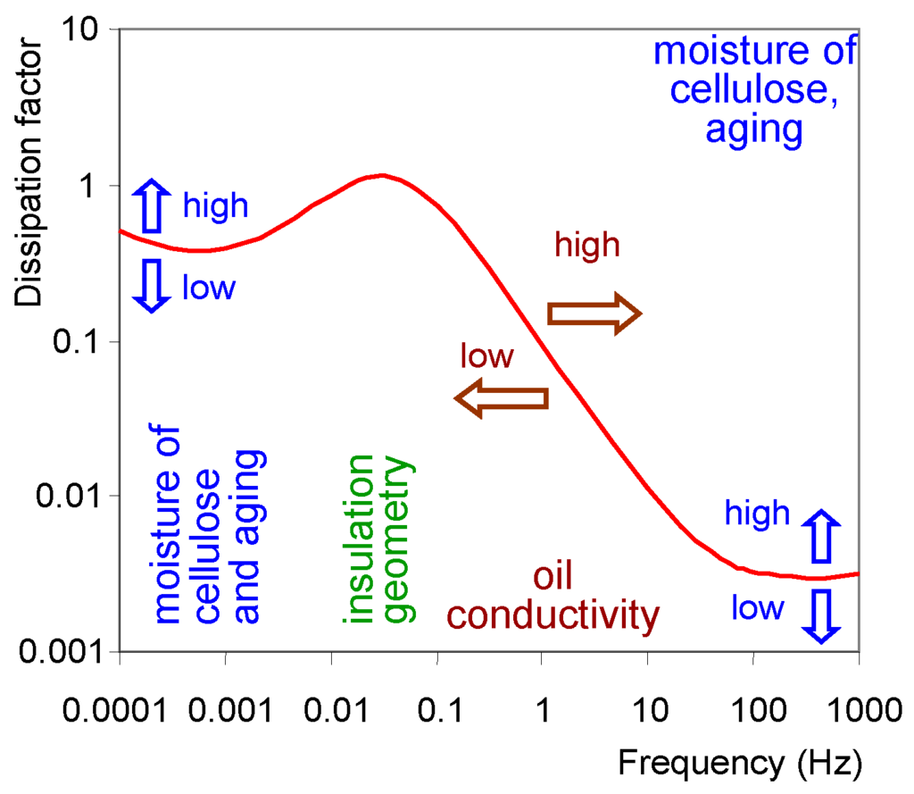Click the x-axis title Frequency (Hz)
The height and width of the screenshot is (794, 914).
click(x=740, y=763)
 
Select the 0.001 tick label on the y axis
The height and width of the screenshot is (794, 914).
click(x=60, y=652)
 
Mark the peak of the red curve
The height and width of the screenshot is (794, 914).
click(x=382, y=175)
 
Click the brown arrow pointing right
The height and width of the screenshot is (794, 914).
click(x=594, y=313)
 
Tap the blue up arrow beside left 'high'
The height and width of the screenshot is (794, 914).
click(x=151, y=205)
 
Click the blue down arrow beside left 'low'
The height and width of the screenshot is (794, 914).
click(x=151, y=286)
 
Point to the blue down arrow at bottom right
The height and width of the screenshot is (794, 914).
click(x=822, y=616)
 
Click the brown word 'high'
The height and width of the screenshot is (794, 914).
click(x=586, y=244)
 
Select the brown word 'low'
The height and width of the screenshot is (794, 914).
click(x=486, y=357)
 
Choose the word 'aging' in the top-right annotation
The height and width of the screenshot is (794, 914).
click(x=755, y=130)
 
